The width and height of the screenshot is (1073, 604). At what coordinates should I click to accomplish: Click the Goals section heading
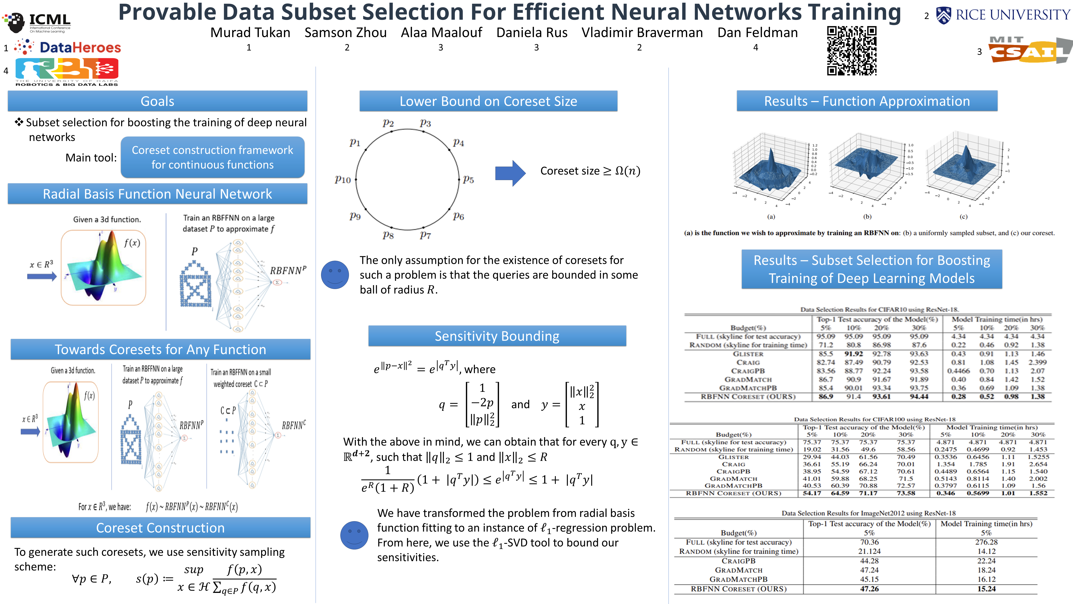tap(157, 101)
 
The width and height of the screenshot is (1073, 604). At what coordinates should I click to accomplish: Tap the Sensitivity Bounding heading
tap(497, 336)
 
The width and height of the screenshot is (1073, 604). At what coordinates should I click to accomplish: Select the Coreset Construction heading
tap(160, 528)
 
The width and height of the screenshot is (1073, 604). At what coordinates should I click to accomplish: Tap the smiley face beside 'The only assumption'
tap(335, 274)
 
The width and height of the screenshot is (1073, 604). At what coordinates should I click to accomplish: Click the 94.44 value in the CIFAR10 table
tap(919, 396)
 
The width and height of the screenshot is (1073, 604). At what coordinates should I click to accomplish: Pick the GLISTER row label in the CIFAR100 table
tap(733, 457)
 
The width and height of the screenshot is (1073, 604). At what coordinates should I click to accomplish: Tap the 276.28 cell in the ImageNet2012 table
tap(986, 542)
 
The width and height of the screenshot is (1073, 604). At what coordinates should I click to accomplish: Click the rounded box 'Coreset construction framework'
tap(213, 157)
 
